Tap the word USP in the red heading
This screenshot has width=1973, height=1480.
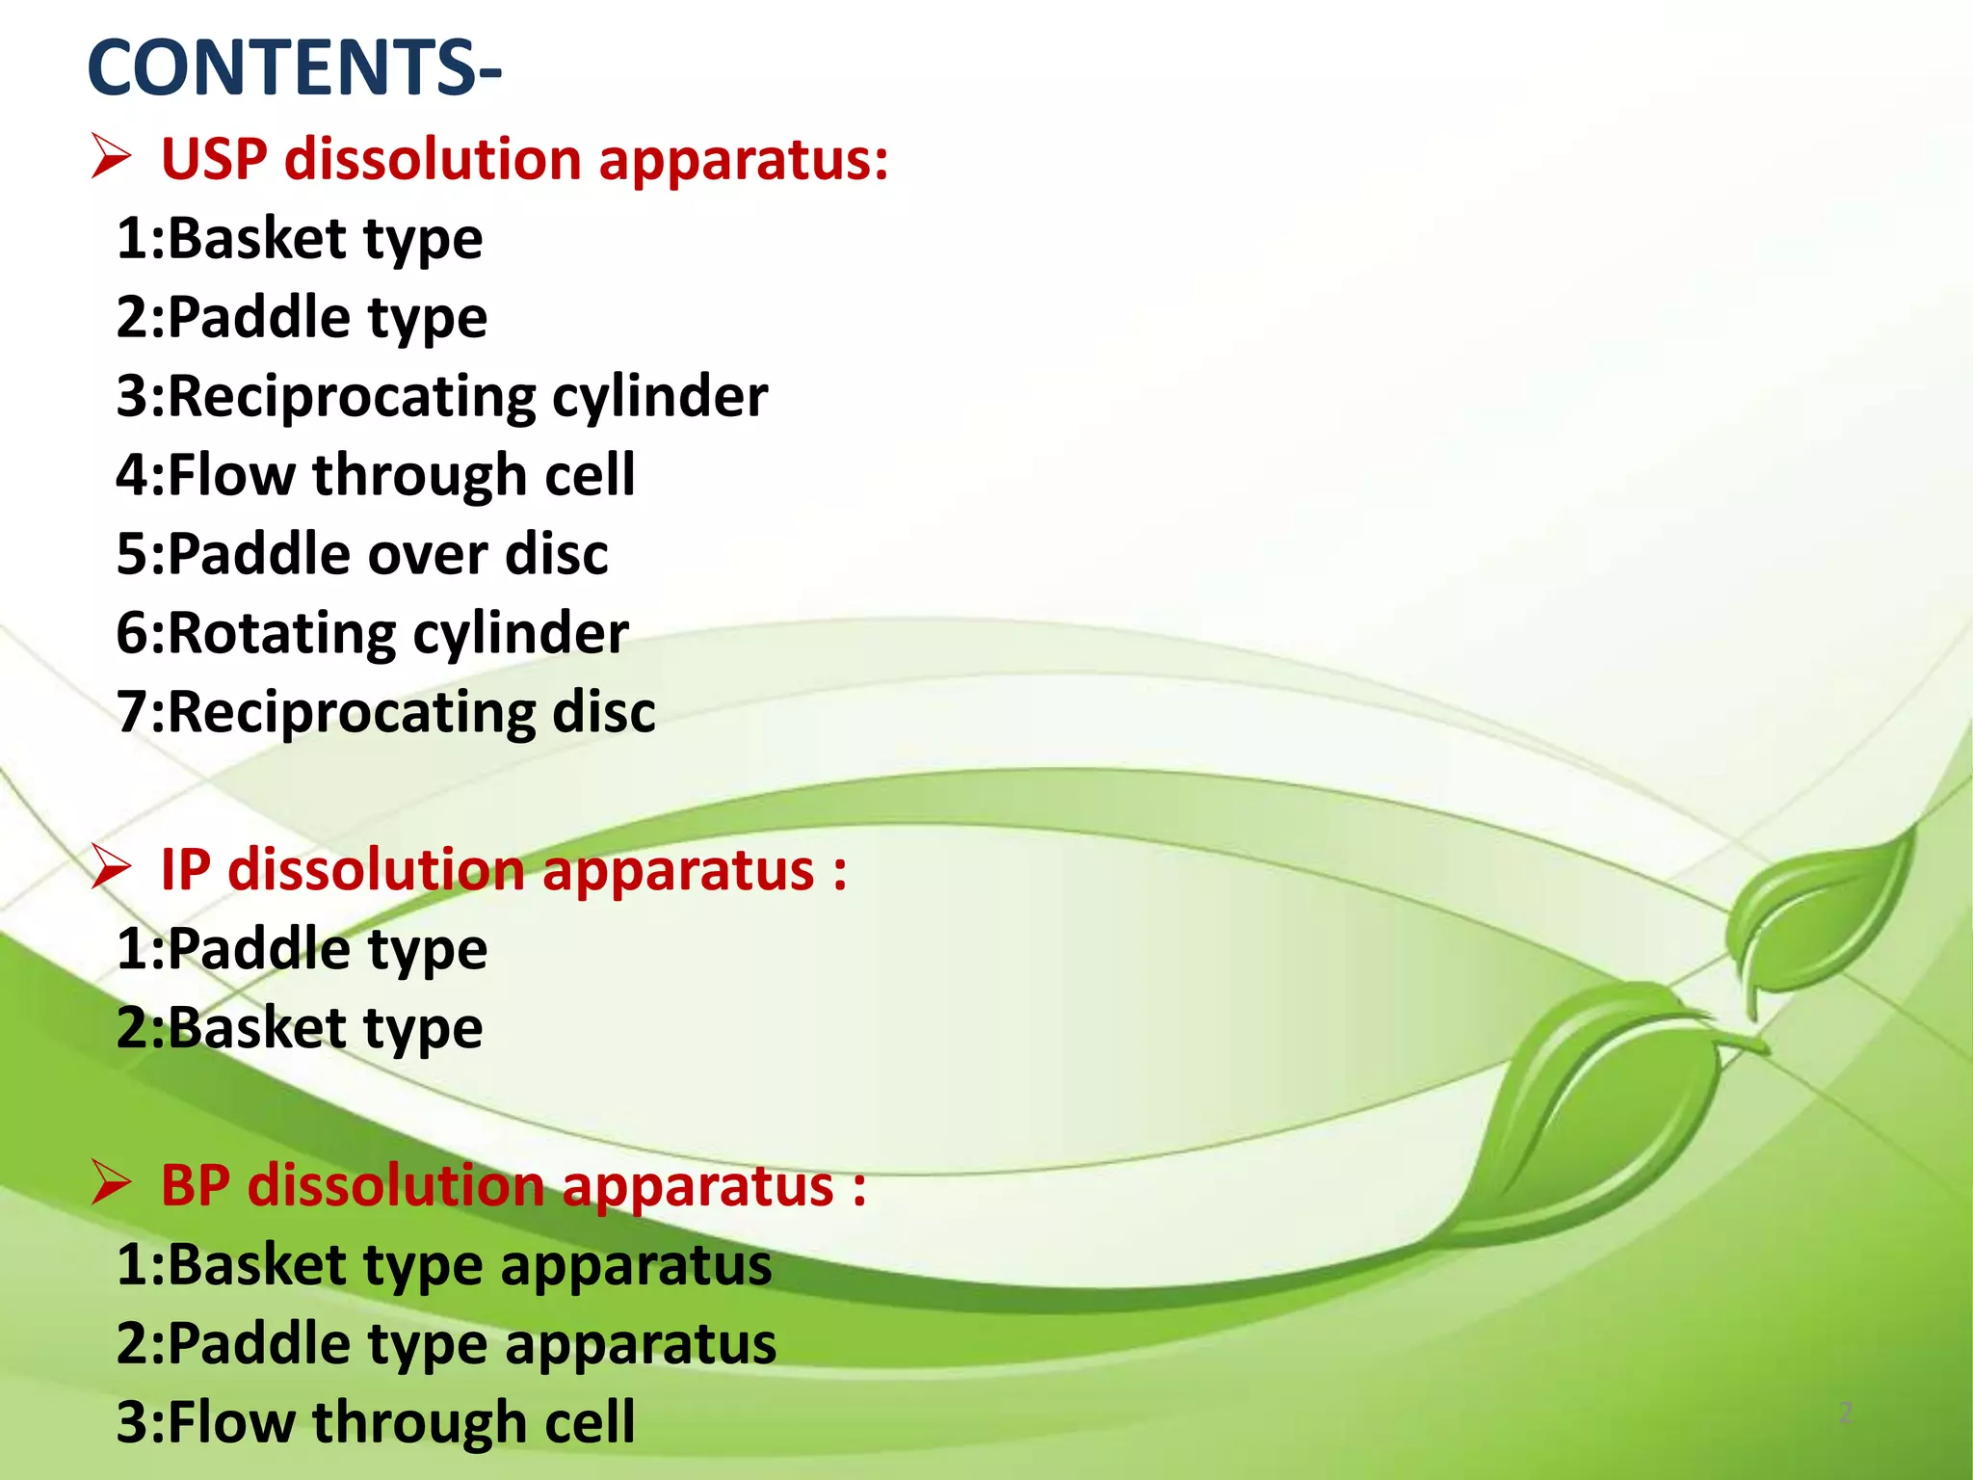pos(213,159)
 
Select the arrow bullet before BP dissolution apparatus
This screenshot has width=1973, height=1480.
pos(111,1183)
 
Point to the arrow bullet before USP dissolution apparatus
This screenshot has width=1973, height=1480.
pos(111,157)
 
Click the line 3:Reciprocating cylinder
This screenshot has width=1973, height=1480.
pos(441,396)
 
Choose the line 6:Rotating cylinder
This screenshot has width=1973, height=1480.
pos(372,633)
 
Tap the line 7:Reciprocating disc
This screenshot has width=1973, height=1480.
pos(385,712)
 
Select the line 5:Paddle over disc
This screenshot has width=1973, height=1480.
pos(362,554)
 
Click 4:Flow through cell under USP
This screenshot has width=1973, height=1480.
pos(376,475)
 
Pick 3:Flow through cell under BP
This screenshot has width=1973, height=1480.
pos(376,1421)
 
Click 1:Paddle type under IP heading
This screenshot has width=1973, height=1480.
pos(302,949)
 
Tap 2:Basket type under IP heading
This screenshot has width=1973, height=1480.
pos(299,1028)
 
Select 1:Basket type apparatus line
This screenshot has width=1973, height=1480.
pos(443,1264)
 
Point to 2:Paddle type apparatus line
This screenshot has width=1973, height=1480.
pos(445,1343)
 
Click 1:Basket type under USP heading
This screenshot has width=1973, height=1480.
pos(299,238)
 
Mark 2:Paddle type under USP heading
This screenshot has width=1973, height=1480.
pos(302,317)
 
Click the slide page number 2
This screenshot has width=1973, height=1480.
pos(1845,1413)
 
